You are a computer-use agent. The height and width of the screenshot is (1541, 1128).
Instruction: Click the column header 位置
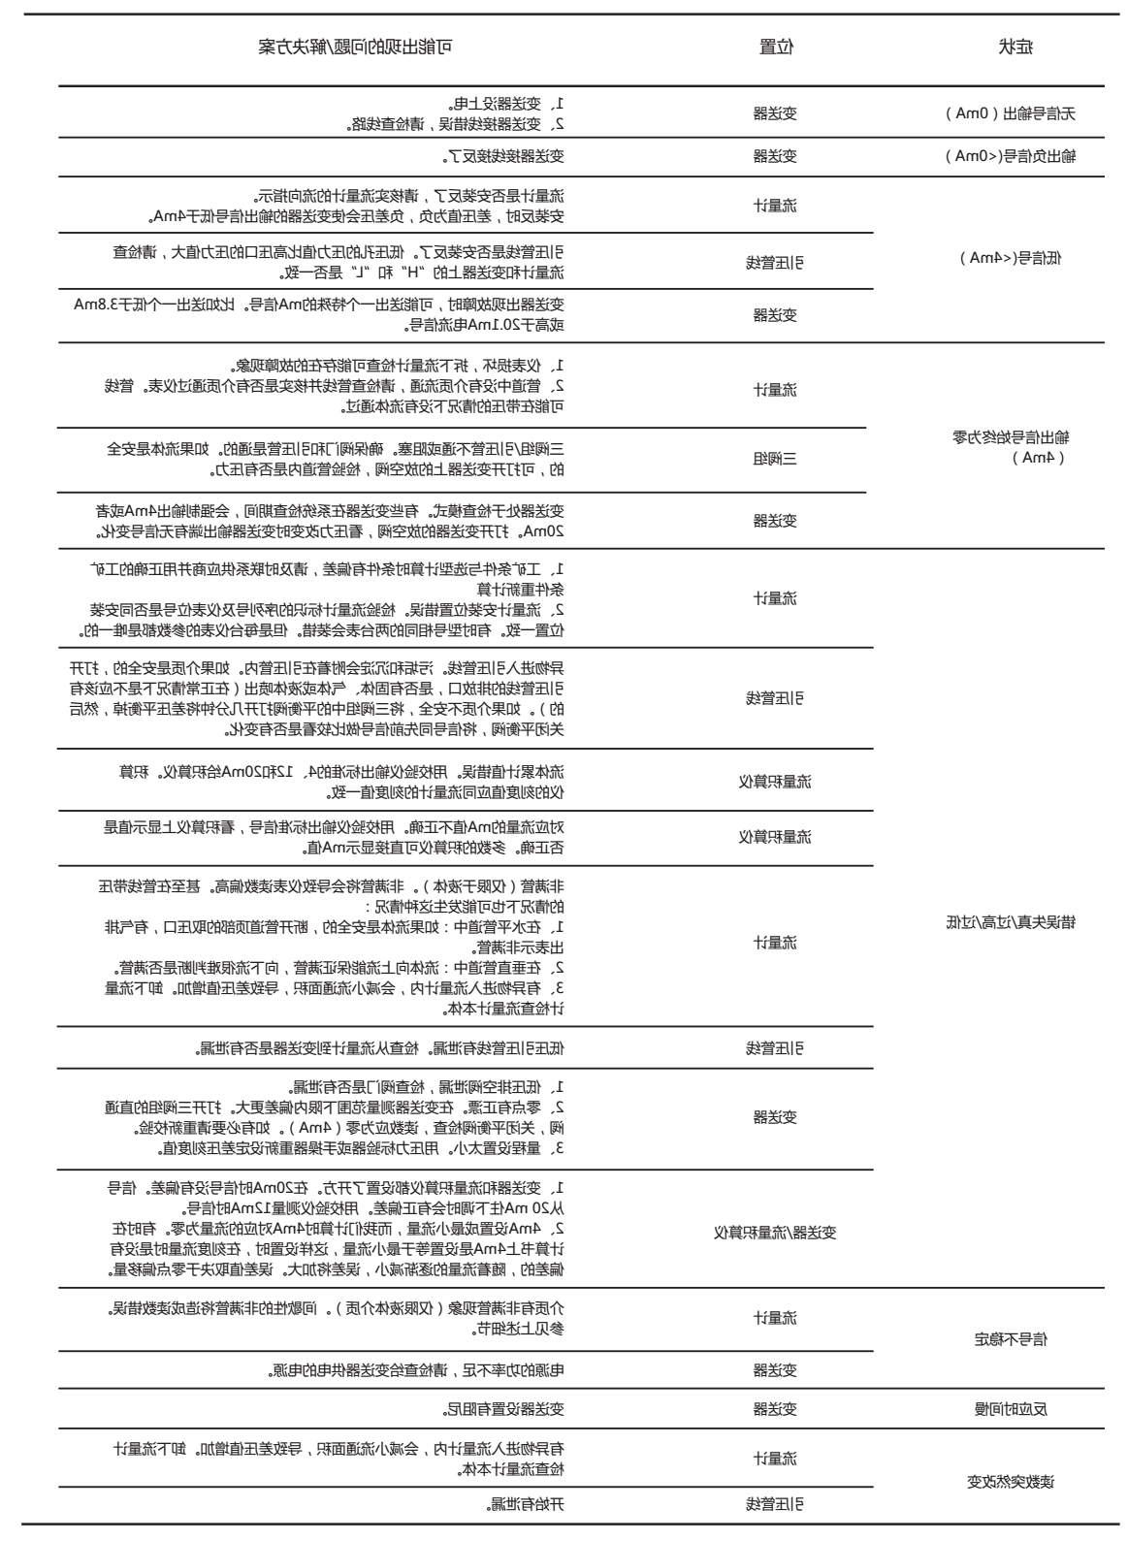pos(775,48)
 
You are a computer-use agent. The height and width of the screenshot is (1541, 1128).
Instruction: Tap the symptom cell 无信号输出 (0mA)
pos(1009,113)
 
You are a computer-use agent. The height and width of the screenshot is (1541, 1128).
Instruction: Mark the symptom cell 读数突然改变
pos(1010,1481)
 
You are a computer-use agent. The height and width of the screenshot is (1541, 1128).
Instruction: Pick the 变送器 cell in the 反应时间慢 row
pos(775,1409)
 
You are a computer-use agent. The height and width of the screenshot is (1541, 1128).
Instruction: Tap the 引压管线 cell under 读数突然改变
pos(775,1505)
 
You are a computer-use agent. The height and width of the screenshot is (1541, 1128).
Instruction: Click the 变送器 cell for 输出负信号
pos(775,156)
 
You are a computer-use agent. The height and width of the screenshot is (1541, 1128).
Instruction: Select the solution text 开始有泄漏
pos(525,1505)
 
